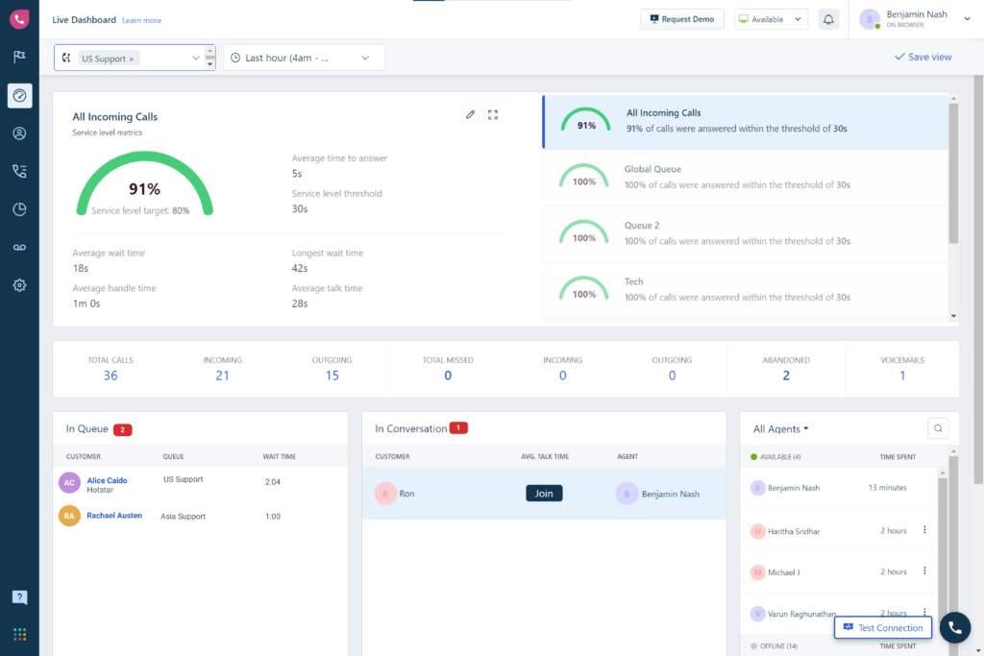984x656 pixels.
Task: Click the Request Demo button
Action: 682,19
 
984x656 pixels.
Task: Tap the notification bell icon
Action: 827,19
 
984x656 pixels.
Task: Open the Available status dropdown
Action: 771,19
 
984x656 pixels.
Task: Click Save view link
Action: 922,57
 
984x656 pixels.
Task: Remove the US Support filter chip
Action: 132,59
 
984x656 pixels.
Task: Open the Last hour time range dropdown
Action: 304,58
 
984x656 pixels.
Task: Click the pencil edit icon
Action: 470,114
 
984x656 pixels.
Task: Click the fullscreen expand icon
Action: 493,114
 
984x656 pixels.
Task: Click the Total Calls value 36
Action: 111,376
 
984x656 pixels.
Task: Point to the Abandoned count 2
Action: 786,376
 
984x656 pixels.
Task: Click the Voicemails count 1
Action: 902,376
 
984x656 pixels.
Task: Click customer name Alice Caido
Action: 107,480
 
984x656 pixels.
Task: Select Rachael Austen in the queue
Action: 114,516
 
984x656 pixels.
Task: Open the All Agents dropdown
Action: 780,429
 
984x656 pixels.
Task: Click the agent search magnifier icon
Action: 939,429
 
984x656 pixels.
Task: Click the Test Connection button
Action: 883,628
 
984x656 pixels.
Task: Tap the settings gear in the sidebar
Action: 19,285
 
